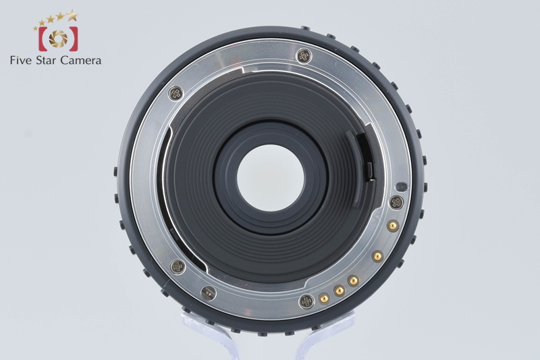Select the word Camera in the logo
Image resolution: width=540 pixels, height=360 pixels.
[x=81, y=60]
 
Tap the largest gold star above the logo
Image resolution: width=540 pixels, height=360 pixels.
[x=72, y=15]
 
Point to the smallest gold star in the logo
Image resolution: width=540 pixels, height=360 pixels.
[x=36, y=28]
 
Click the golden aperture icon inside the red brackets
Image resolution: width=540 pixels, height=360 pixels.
[x=58, y=38]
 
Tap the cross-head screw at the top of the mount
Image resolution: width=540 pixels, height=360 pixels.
[x=304, y=56]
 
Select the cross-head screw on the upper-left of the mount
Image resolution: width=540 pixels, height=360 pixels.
[x=175, y=93]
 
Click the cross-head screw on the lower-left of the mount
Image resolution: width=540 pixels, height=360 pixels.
[x=178, y=266]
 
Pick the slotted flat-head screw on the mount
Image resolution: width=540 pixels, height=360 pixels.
[x=209, y=293]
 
